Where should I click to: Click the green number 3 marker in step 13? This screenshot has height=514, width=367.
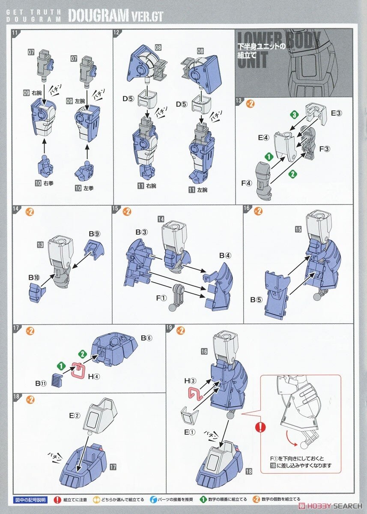coord(294,115)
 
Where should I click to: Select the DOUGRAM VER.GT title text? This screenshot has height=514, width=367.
coord(115,15)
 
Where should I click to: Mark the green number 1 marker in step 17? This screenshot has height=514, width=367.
coord(61,366)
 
